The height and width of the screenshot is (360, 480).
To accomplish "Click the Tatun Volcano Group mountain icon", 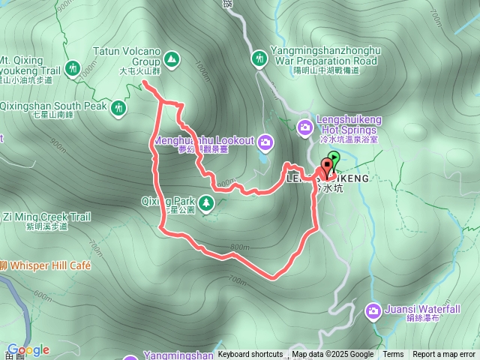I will point(172,58).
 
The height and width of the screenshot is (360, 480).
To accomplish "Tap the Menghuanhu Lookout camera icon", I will point(265,142).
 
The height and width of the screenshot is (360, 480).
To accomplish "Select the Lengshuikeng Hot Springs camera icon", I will point(305,127).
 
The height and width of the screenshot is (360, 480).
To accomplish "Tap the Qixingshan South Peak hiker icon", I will point(118,109).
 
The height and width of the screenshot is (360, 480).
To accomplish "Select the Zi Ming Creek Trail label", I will point(46,217).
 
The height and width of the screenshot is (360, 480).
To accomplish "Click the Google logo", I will point(28,349).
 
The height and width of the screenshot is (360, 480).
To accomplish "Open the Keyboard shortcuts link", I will point(250,355).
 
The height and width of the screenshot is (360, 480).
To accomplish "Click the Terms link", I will point(393,355).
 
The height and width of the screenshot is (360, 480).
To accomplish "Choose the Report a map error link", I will point(444,355).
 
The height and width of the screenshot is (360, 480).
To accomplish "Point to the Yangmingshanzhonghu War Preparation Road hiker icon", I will point(259,58).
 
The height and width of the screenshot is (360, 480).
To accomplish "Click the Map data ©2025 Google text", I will point(333,355).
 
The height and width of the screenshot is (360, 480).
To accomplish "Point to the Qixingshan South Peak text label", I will point(54,106).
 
